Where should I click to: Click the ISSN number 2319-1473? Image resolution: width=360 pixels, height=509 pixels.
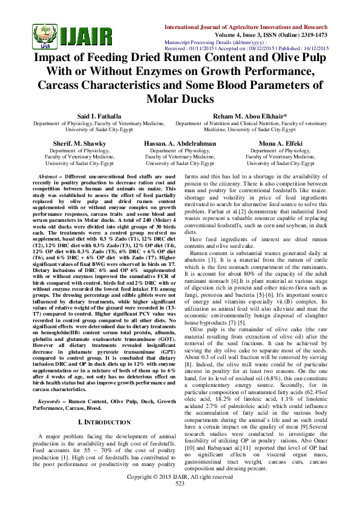pyautogui.click(x=312, y=35)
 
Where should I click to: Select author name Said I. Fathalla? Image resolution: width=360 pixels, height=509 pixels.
pyautogui.click(x=99, y=115)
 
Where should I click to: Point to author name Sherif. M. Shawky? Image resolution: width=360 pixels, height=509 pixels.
pyautogui.click(x=79, y=144)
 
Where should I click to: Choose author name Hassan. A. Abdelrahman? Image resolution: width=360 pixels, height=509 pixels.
pyautogui.click(x=180, y=144)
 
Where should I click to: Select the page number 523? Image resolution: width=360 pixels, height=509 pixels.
pyautogui.click(x=180, y=501)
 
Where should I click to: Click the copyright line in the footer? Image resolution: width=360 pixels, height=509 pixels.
pyautogui.click(x=180, y=494)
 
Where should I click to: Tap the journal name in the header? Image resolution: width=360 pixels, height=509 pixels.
pyautogui.click(x=247, y=28)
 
